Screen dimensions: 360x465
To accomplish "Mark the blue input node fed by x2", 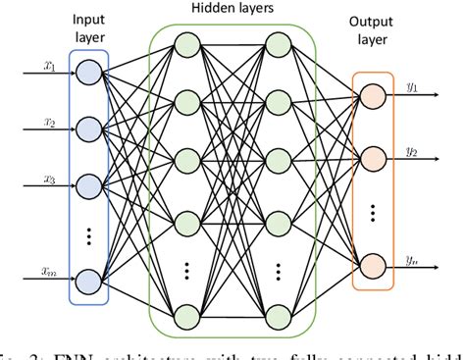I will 88,128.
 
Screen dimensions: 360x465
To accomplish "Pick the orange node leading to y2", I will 372,157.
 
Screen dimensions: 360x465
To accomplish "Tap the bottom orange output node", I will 372,265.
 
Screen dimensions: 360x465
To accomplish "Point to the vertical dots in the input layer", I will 88,235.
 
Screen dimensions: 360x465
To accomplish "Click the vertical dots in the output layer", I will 372,211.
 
